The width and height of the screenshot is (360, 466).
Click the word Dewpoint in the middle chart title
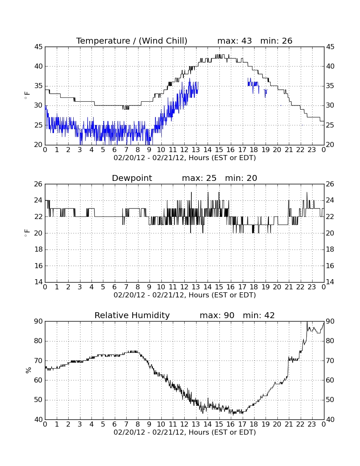coord(132,178)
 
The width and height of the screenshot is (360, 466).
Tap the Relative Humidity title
coord(132,315)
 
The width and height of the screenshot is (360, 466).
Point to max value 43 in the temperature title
coord(246,41)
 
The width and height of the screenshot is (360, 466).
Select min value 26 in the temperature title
coord(287,41)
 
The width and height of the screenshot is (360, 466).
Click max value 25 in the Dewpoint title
coord(211,178)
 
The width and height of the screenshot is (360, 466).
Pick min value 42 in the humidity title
coord(269,315)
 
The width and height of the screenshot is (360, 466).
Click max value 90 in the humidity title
coord(229,315)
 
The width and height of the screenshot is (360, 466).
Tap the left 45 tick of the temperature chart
coord(39,47)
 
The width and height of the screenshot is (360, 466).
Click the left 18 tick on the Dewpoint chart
coord(39,250)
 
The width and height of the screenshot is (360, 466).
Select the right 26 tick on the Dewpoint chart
coord(330,184)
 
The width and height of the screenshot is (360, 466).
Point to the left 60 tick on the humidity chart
coord(39,380)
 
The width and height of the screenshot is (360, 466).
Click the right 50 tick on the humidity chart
coord(330,400)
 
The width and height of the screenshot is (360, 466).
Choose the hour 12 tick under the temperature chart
coord(184,150)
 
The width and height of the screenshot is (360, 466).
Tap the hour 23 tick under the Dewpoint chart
coord(312,287)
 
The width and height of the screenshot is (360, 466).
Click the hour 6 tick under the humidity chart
coord(115,424)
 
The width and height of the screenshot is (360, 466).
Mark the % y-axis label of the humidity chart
coord(28,370)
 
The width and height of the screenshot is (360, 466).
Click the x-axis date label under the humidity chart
coord(185,432)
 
